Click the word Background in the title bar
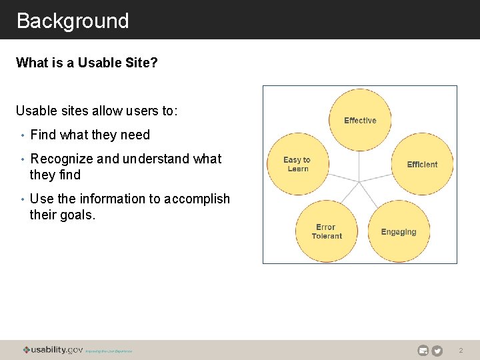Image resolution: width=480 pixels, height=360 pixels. pyautogui.click(x=72, y=21)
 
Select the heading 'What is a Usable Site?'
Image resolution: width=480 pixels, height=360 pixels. pyautogui.click(x=87, y=63)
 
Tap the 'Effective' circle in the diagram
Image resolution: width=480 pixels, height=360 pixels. pyautogui.click(x=360, y=120)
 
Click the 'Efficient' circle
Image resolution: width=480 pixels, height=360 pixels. pyautogui.click(x=422, y=164)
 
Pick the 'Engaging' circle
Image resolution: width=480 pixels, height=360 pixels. pyautogui.click(x=399, y=232)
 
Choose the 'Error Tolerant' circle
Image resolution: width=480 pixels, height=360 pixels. pyautogui.click(x=326, y=231)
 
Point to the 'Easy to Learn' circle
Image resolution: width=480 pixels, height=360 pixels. pyautogui.click(x=297, y=164)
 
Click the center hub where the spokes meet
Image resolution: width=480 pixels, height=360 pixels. pyautogui.click(x=360, y=179)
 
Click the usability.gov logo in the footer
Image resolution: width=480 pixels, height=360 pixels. pyautogui.click(x=53, y=350)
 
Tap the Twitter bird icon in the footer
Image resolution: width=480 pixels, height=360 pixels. pyautogui.click(x=437, y=351)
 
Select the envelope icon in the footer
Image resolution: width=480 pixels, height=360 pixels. pyautogui.click(x=423, y=351)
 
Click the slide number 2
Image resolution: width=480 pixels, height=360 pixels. pyautogui.click(x=461, y=351)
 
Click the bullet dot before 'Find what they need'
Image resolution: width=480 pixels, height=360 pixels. pyautogui.click(x=22, y=135)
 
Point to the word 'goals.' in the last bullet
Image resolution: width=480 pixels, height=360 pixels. pyautogui.click(x=78, y=215)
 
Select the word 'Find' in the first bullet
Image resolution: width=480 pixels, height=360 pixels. pyautogui.click(x=43, y=135)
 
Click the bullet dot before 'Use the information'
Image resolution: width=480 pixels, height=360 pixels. pyautogui.click(x=22, y=199)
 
